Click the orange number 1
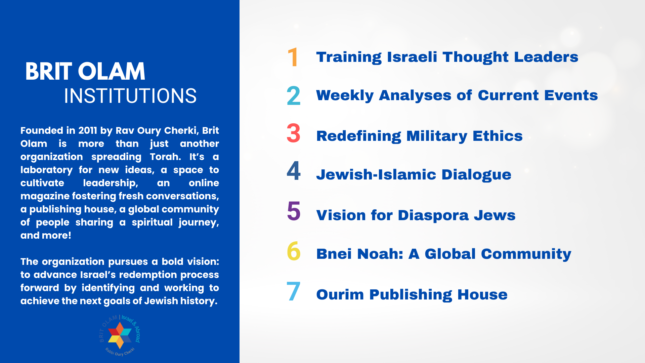[293, 57]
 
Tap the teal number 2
[294, 95]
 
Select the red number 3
[294, 133]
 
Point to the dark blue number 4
[294, 171]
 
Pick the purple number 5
[294, 211]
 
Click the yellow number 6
[294, 251]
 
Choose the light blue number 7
[293, 291]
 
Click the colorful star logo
[120, 335]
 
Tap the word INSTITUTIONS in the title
[130, 96]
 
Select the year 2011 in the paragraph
[88, 130]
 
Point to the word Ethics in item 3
[498, 136]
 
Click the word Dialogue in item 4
[476, 175]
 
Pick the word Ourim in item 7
[340, 295]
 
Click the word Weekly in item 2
[345, 96]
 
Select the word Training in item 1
[349, 57]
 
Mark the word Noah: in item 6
[380, 254]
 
